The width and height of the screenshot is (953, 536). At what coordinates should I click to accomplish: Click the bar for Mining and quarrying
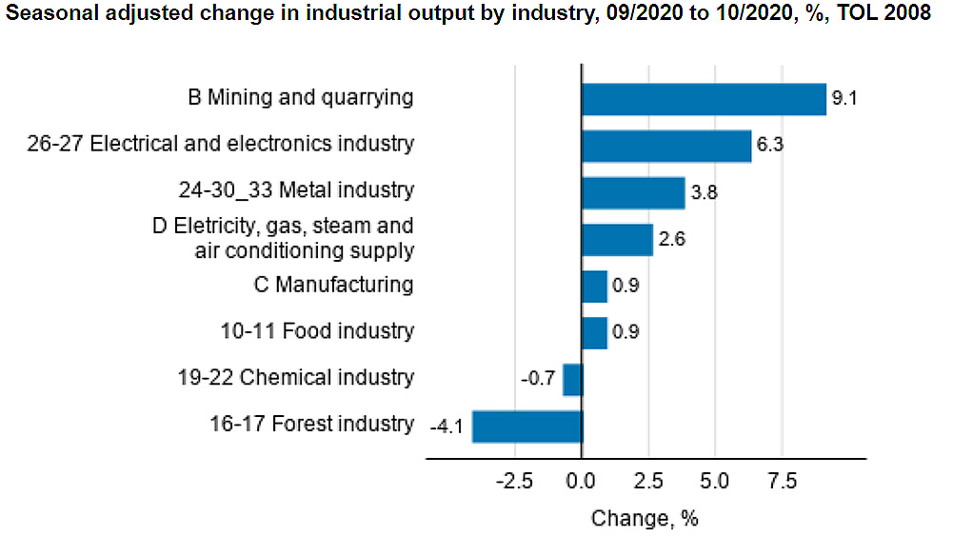[704, 99]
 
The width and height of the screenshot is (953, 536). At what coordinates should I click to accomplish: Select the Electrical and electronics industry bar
[666, 146]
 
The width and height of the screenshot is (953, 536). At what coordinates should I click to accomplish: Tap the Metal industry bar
[633, 192]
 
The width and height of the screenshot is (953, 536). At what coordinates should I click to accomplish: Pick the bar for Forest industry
[527, 426]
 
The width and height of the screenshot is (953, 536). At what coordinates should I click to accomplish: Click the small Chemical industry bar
[572, 379]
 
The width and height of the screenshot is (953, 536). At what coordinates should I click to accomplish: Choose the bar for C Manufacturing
[594, 286]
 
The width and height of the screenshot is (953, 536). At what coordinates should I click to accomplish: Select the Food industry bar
[594, 332]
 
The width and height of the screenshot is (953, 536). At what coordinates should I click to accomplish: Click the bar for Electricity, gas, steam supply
[617, 239]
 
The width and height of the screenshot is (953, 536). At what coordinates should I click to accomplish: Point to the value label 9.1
[845, 99]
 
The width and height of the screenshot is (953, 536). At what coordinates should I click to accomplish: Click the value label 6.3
[769, 146]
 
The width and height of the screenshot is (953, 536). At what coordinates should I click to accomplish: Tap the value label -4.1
[446, 427]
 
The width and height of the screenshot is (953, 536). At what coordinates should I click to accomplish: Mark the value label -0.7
[538, 379]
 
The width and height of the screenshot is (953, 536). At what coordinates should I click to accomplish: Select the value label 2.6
[671, 239]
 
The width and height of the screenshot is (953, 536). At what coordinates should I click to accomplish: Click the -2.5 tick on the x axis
[514, 481]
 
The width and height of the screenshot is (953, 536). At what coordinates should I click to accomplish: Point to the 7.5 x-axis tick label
[783, 481]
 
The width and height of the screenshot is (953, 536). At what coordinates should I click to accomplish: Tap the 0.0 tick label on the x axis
[581, 481]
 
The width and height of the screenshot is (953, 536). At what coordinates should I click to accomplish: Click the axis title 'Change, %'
[645, 519]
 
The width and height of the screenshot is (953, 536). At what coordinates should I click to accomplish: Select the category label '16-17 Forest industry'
[311, 424]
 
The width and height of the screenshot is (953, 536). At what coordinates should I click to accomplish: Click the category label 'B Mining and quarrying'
[301, 97]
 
